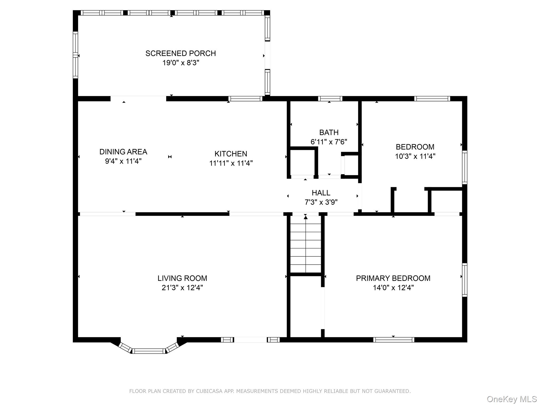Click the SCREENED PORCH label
[181, 54]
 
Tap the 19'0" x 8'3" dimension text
[181, 63]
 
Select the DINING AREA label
[123, 152]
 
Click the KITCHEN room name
[231, 154]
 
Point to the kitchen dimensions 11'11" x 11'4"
[231, 163]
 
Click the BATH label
[329, 132]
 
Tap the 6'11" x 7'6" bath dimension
[329, 142]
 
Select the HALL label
[321, 193]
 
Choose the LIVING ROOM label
[182, 278]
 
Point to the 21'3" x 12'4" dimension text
[182, 288]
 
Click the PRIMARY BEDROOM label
[393, 278]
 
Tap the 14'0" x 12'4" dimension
[393, 288]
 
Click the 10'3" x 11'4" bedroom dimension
[415, 156]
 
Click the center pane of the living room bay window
[149, 351]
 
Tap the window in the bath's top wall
[330, 99]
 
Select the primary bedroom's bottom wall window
[394, 340]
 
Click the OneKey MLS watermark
[512, 399]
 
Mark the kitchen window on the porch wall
[245, 99]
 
